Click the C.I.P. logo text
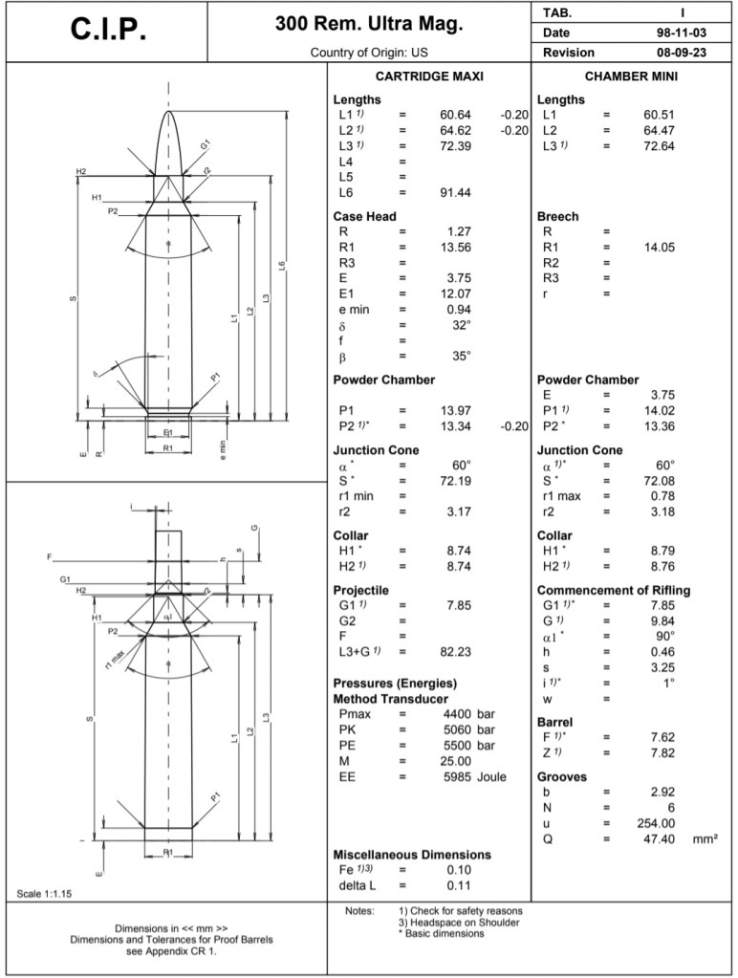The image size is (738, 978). [108, 31]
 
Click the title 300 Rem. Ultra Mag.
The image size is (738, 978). [368, 24]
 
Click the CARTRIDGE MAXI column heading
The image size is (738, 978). [428, 76]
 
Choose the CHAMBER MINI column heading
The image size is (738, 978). [631, 76]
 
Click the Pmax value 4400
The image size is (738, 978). [460, 714]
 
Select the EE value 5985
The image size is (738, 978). [460, 777]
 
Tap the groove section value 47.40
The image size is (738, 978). [658, 838]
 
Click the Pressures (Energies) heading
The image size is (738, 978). [394, 684]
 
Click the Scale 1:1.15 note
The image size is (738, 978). [45, 894]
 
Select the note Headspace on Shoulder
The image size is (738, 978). [459, 923]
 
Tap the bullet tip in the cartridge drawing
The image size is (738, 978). [169, 114]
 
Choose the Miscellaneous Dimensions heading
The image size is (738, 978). [412, 855]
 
